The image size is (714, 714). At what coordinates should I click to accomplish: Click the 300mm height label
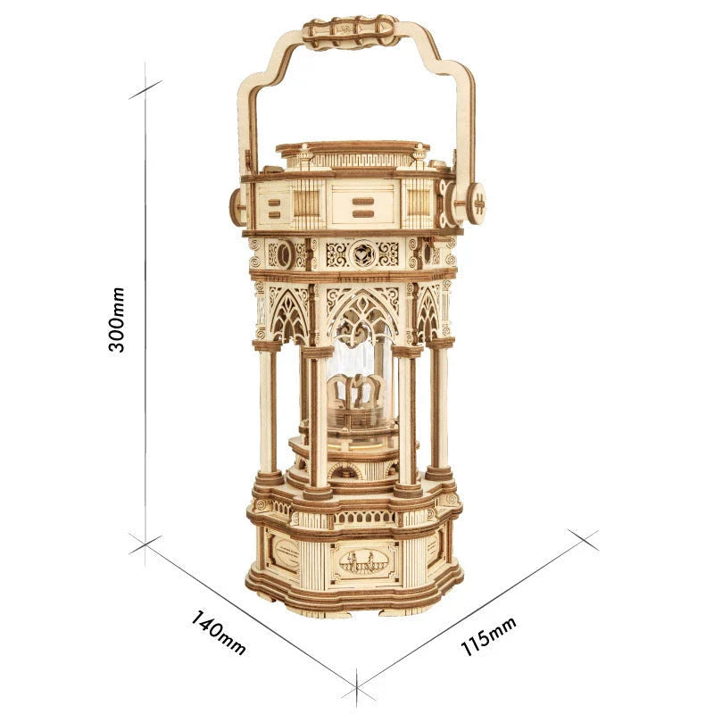pos(117,319)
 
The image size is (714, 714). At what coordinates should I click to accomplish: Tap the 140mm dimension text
pos(218,632)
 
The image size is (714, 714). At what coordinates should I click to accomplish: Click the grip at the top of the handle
pos(350,32)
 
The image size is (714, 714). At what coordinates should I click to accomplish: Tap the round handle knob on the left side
pos(237,206)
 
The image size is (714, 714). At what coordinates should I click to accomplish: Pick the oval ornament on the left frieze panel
pos(284,254)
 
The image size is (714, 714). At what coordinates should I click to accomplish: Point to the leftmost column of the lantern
pos(267,411)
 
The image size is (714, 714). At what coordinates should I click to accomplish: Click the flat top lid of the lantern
pos(348,148)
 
